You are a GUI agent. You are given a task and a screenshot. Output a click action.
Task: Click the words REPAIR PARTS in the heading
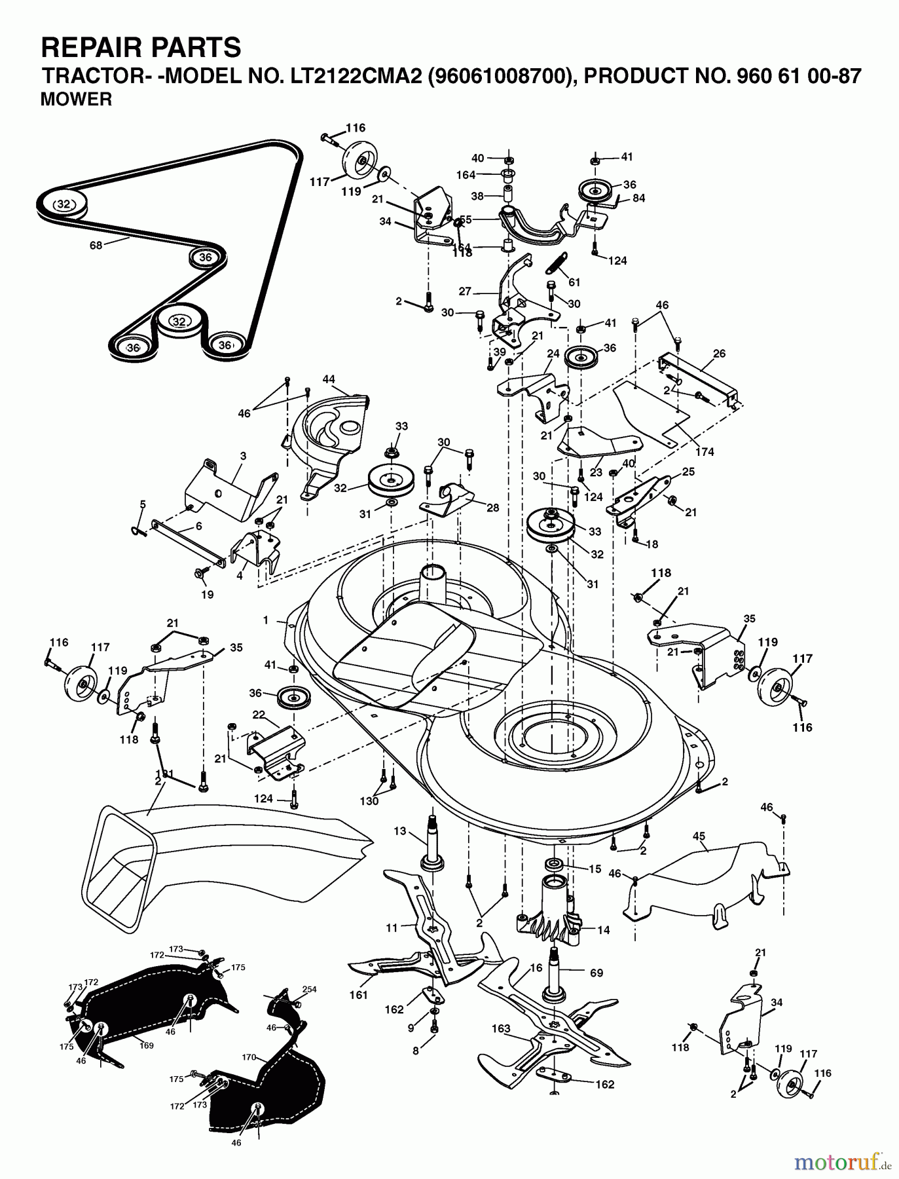tap(141, 48)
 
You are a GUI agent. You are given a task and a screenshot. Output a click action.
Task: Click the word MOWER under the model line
tap(76, 100)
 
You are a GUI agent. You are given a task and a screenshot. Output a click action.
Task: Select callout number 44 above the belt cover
tap(329, 379)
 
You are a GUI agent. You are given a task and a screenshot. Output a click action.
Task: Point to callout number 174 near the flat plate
tap(705, 452)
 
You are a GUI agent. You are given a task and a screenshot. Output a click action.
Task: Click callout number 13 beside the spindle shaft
tap(400, 831)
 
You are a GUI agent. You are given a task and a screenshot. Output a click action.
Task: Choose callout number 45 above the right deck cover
tap(699, 836)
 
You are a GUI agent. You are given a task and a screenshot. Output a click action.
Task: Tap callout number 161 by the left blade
tap(359, 995)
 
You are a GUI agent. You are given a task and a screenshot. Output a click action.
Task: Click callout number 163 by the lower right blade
tap(501, 1028)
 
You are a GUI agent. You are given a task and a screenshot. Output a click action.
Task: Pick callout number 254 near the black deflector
tap(309, 990)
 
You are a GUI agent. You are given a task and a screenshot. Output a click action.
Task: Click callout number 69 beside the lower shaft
tap(596, 973)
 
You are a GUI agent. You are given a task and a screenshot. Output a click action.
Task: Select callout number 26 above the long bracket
tap(719, 354)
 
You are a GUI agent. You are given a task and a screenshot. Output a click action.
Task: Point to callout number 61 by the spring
tap(574, 282)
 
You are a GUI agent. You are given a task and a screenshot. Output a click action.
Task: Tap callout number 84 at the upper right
tap(639, 198)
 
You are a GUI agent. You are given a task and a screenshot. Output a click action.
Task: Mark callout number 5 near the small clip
tap(142, 504)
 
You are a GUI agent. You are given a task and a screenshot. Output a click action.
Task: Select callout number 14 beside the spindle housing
tap(604, 929)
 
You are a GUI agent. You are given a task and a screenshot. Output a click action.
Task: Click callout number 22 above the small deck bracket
tap(259, 715)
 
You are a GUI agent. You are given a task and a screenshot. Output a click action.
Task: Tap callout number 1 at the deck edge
tap(265, 620)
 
